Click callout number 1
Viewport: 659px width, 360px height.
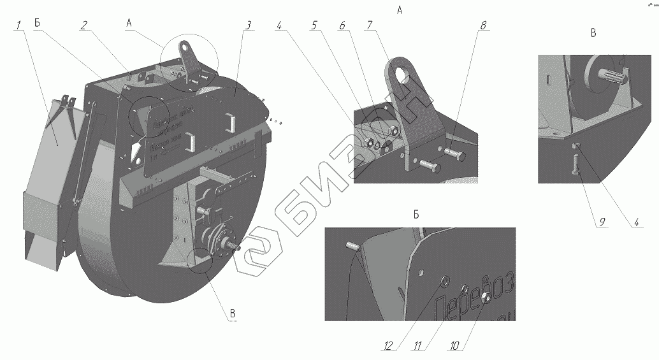19,25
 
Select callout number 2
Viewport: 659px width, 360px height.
83,25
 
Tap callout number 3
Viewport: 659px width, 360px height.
248,25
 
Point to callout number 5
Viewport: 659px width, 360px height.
315,25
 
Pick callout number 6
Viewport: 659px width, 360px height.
342,25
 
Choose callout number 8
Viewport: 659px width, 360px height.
483,25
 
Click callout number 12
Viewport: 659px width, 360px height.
388,347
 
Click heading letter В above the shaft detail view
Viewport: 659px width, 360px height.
593,32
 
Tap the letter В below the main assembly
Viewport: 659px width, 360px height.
233,313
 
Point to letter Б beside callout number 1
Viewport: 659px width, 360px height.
38,23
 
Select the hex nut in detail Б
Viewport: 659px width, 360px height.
485,297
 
